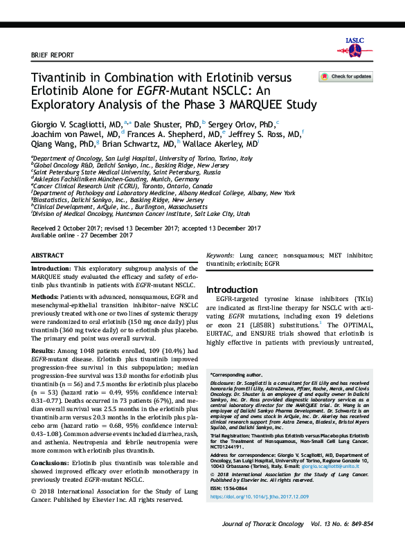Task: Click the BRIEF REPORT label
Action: point(53,55)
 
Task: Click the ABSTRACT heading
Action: point(48,255)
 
